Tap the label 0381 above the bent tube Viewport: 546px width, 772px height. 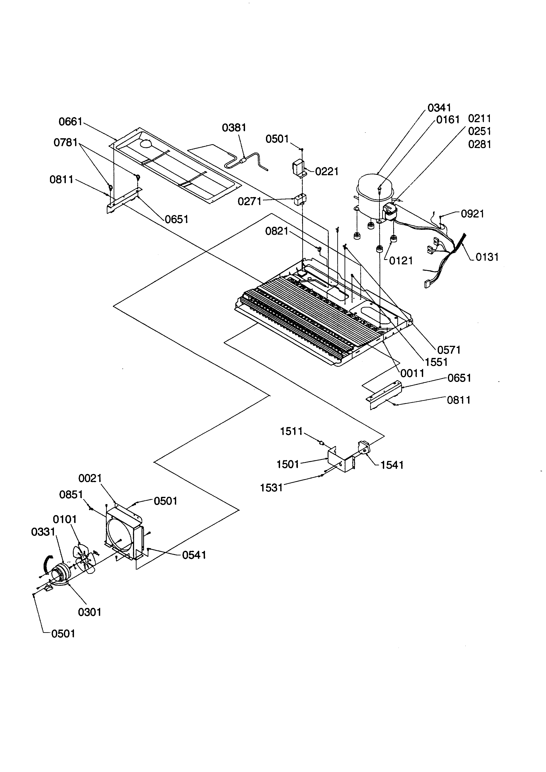point(234,128)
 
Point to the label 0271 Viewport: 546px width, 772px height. point(249,201)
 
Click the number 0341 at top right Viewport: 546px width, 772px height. point(439,108)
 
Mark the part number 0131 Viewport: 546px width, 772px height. point(487,257)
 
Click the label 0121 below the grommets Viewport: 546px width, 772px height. point(401,261)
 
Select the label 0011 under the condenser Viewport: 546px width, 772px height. point(412,373)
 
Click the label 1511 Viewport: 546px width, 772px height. point(291,431)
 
